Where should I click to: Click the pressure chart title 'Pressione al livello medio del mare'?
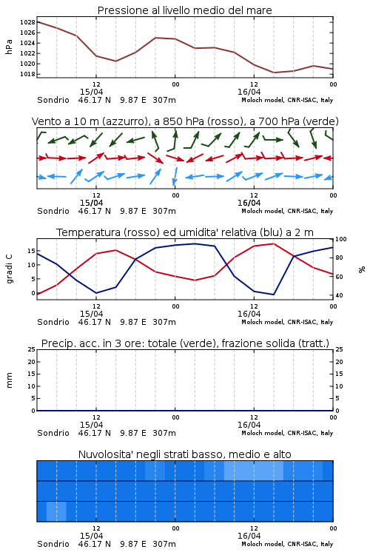(x=184, y=10)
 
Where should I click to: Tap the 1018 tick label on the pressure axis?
(x=27, y=74)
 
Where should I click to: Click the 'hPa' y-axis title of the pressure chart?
(x=9, y=47)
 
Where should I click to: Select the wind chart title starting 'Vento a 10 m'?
(x=185, y=121)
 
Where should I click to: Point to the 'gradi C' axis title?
(x=10, y=269)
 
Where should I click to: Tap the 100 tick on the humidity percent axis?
(x=341, y=239)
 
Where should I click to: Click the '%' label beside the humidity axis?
(x=362, y=269)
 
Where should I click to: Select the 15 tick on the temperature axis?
(x=31, y=251)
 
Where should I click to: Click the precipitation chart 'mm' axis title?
(x=9, y=380)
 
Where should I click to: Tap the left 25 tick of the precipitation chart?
(x=32, y=350)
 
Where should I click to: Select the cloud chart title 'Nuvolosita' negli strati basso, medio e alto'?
(x=184, y=454)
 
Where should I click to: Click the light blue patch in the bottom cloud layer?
(x=56, y=511)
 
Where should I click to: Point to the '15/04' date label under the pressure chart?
(x=91, y=92)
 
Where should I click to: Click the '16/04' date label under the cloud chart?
(x=249, y=536)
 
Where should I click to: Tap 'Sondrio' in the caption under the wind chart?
(x=53, y=211)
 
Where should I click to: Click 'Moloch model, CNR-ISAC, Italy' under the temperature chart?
(x=287, y=322)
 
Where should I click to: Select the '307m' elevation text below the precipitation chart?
(x=164, y=433)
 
